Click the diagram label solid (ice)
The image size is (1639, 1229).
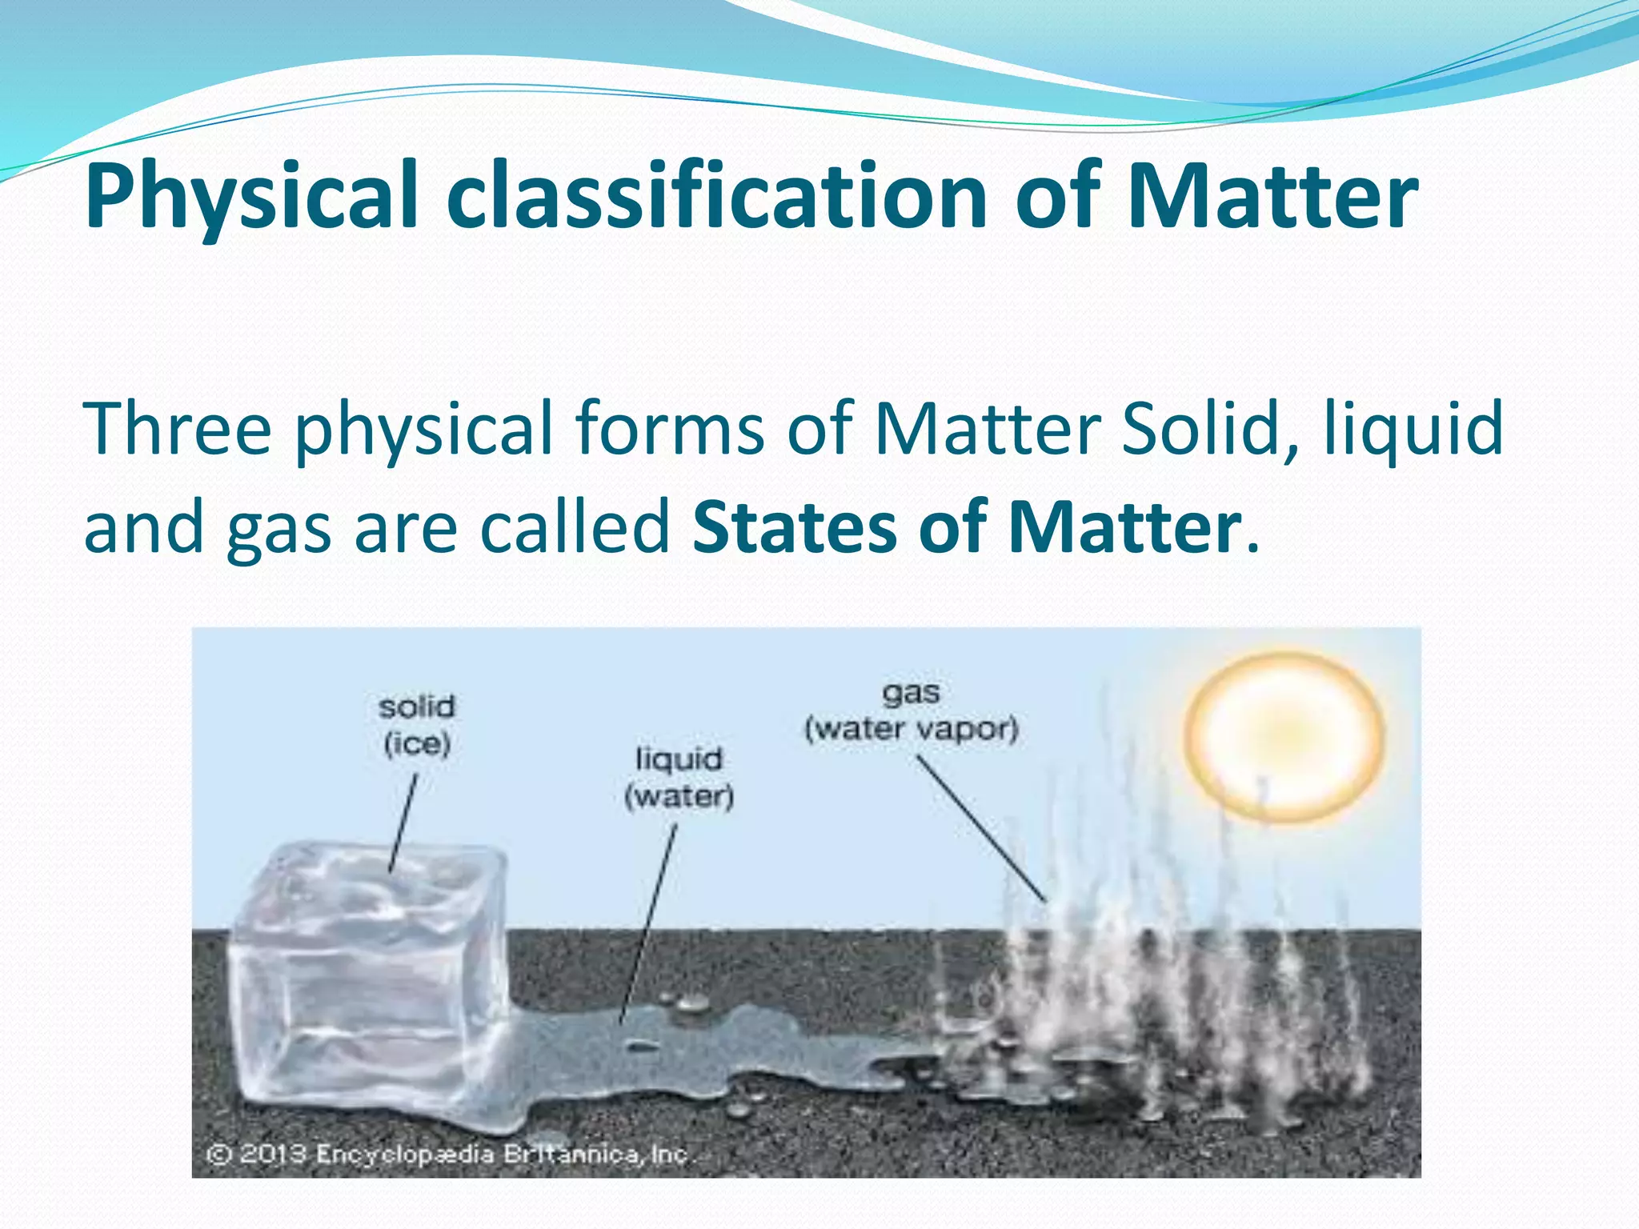pos(417,725)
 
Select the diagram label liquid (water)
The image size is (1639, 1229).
pos(679,777)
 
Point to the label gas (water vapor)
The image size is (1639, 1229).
pos(912,711)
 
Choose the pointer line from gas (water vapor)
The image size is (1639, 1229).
pos(981,829)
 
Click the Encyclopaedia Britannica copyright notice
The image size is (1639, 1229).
pos(448,1155)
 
